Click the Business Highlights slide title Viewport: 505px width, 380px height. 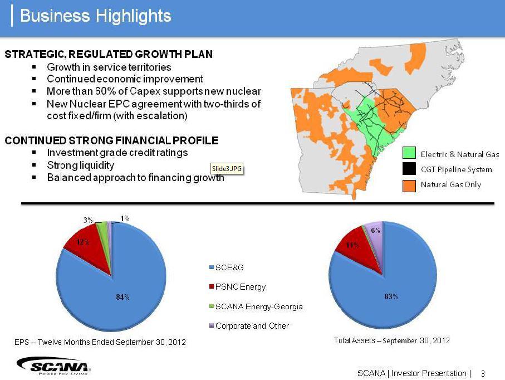[95, 16]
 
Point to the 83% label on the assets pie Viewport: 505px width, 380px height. [391, 297]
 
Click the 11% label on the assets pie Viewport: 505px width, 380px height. [352, 245]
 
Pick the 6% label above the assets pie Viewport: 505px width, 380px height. [376, 230]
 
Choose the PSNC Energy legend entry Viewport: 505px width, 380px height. [241, 287]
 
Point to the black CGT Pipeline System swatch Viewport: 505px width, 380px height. [409, 169]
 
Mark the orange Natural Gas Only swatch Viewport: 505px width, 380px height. [409, 184]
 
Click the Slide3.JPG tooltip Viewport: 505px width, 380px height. [227, 168]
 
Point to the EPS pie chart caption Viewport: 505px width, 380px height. [100, 342]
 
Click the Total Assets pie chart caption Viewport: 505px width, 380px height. [391, 340]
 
